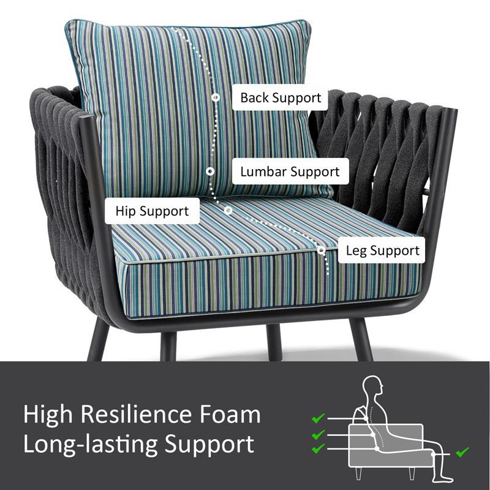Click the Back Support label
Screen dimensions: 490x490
(x=280, y=97)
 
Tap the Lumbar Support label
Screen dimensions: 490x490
(x=290, y=171)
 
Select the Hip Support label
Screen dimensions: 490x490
(x=152, y=211)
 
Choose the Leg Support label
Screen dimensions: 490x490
(x=382, y=251)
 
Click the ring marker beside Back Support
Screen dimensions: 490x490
(x=216, y=97)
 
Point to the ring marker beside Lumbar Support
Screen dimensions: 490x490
(x=210, y=171)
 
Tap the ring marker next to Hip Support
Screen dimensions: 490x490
(x=228, y=210)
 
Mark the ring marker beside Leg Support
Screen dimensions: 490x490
(x=321, y=250)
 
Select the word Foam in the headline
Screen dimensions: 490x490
(x=230, y=414)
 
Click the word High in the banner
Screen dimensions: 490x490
(x=48, y=415)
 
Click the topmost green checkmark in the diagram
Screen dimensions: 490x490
(x=318, y=418)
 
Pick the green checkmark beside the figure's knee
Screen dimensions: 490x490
(x=462, y=452)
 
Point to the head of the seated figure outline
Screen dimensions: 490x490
(x=374, y=386)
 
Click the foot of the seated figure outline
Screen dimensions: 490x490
(x=443, y=478)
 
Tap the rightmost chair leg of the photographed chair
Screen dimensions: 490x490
(x=362, y=340)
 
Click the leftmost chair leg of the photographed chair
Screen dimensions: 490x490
(x=99, y=340)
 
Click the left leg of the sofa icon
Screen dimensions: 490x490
(x=359, y=473)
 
